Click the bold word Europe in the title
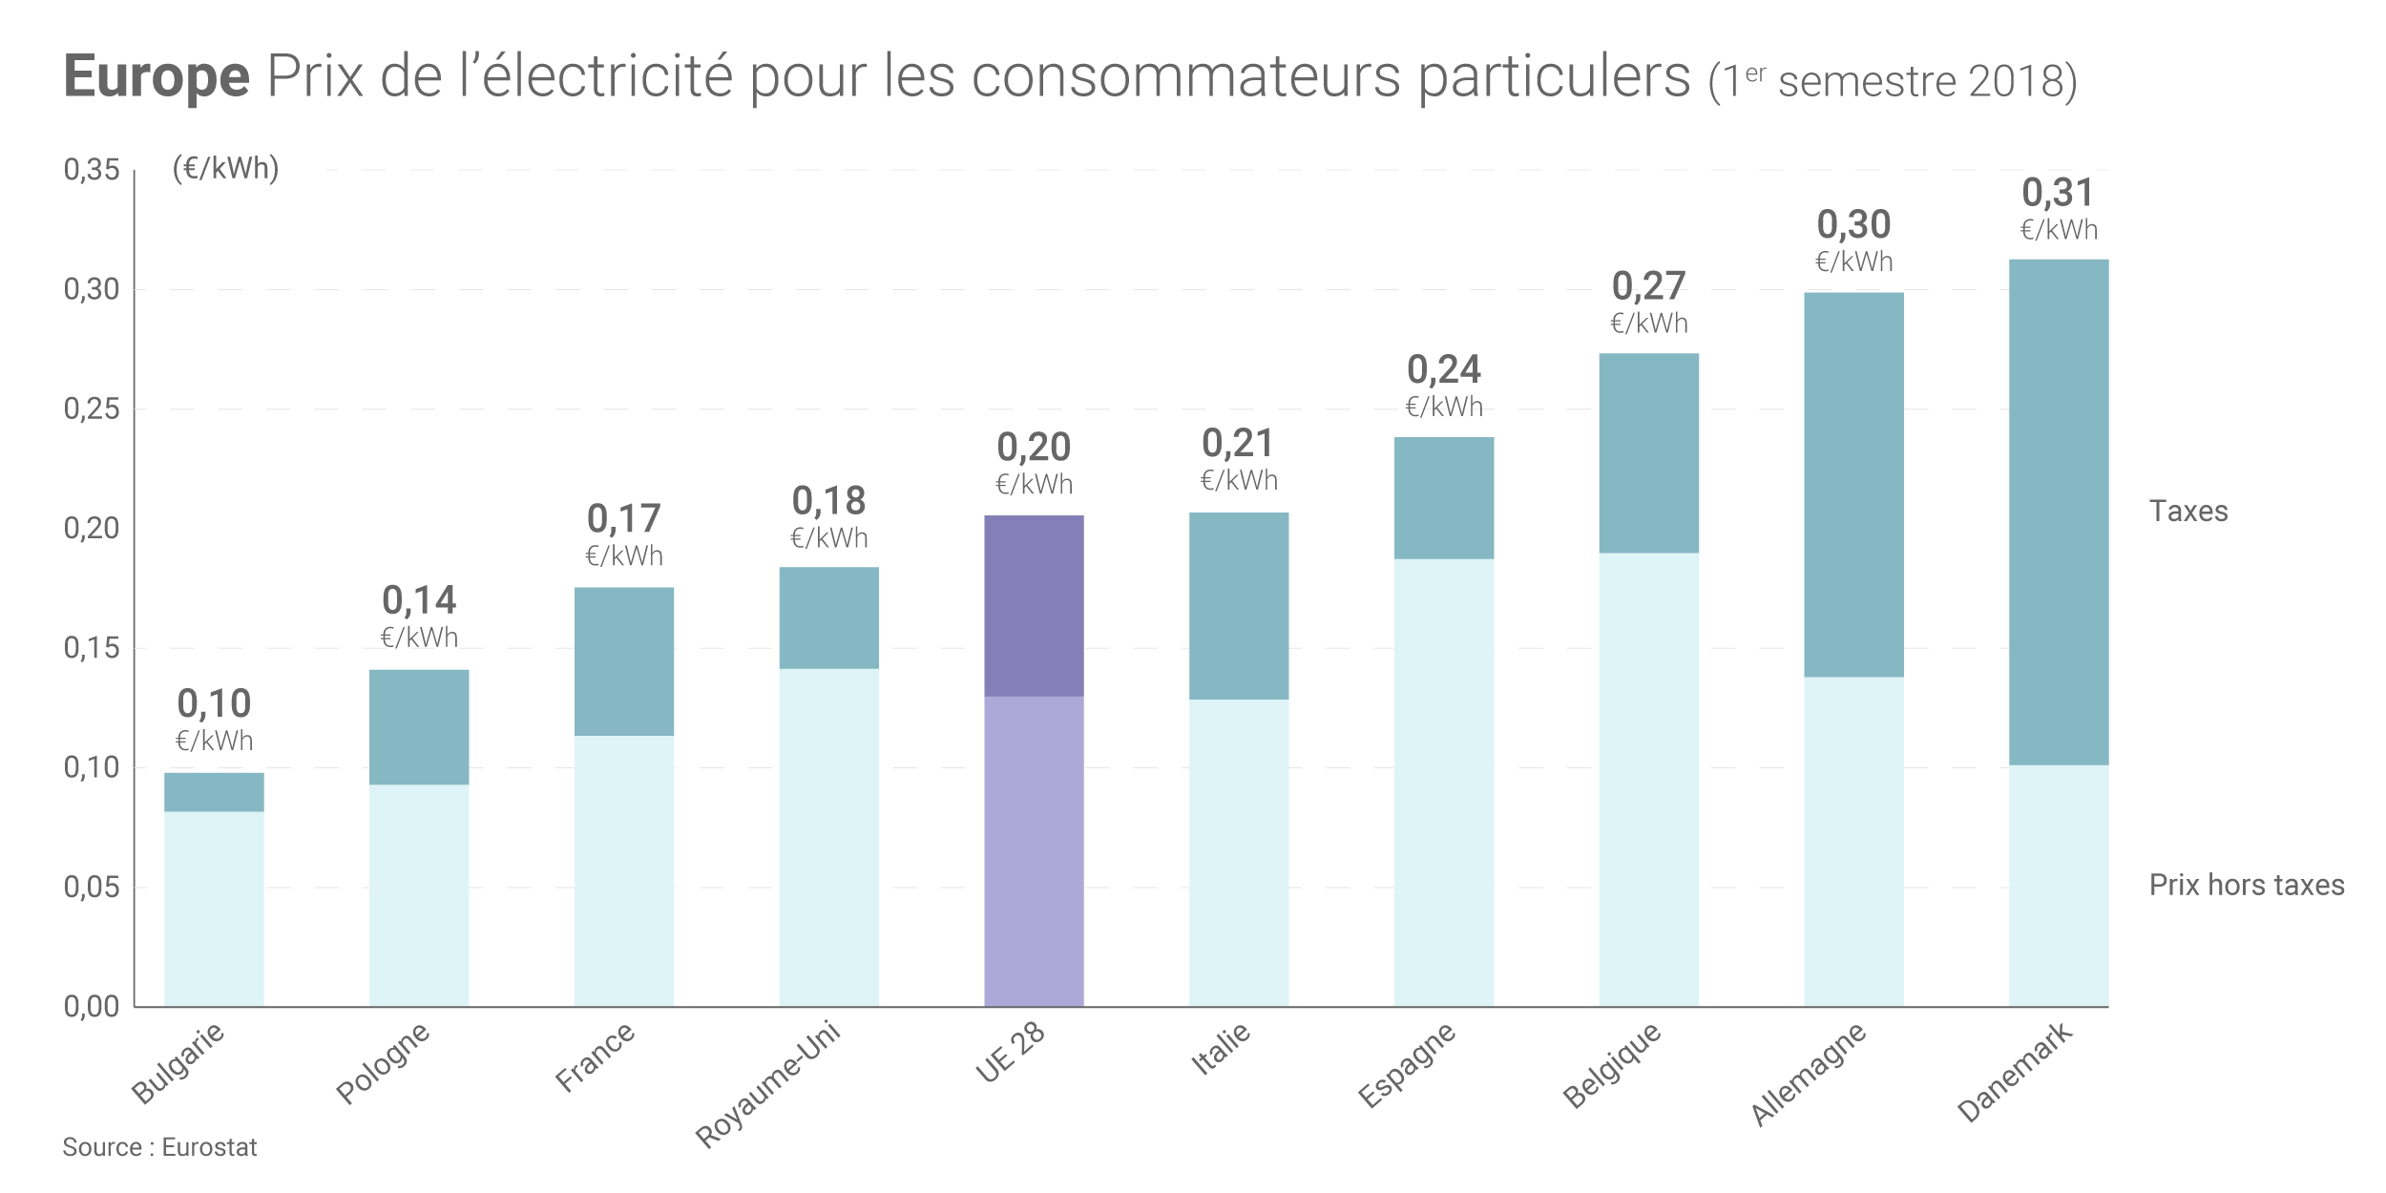[x=157, y=76]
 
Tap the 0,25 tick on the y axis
[x=92, y=409]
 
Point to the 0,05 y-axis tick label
[x=92, y=888]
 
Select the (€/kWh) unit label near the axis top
[x=225, y=169]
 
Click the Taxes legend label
[x=2187, y=512]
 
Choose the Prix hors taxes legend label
[x=2246, y=885]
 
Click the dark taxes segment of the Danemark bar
[x=2058, y=512]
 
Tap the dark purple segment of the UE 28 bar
[x=1034, y=606]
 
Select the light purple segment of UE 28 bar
[x=1034, y=849]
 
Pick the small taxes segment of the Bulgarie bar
[x=214, y=792]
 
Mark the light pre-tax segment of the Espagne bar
[x=1443, y=783]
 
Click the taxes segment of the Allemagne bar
[x=1853, y=485]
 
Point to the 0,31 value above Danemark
[x=2058, y=194]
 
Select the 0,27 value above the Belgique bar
[x=1648, y=286]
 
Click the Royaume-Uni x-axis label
[x=768, y=1084]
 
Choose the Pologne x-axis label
[x=383, y=1063]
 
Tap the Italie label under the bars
[x=1221, y=1048]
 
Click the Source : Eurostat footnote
[x=159, y=1147]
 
